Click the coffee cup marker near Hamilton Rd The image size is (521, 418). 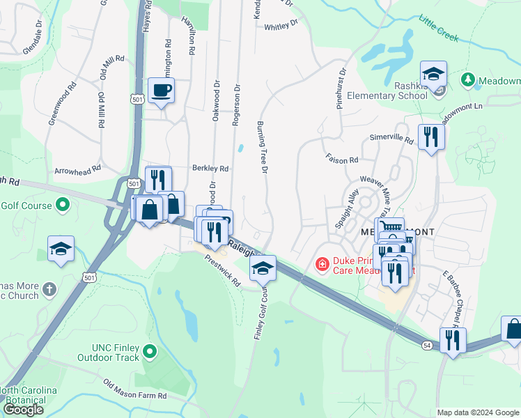click(x=161, y=91)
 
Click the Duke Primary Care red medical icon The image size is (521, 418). click(x=322, y=263)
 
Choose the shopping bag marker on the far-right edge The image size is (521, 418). click(x=513, y=329)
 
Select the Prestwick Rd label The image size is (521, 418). click(x=222, y=270)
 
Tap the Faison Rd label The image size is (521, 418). click(x=341, y=160)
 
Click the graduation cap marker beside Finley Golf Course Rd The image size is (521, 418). click(x=263, y=268)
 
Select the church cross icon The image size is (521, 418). click(x=49, y=288)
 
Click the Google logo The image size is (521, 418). click(x=23, y=410)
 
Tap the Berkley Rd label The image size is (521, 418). click(x=210, y=169)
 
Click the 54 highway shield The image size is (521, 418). click(x=426, y=345)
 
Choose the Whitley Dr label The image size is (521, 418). click(x=281, y=26)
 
